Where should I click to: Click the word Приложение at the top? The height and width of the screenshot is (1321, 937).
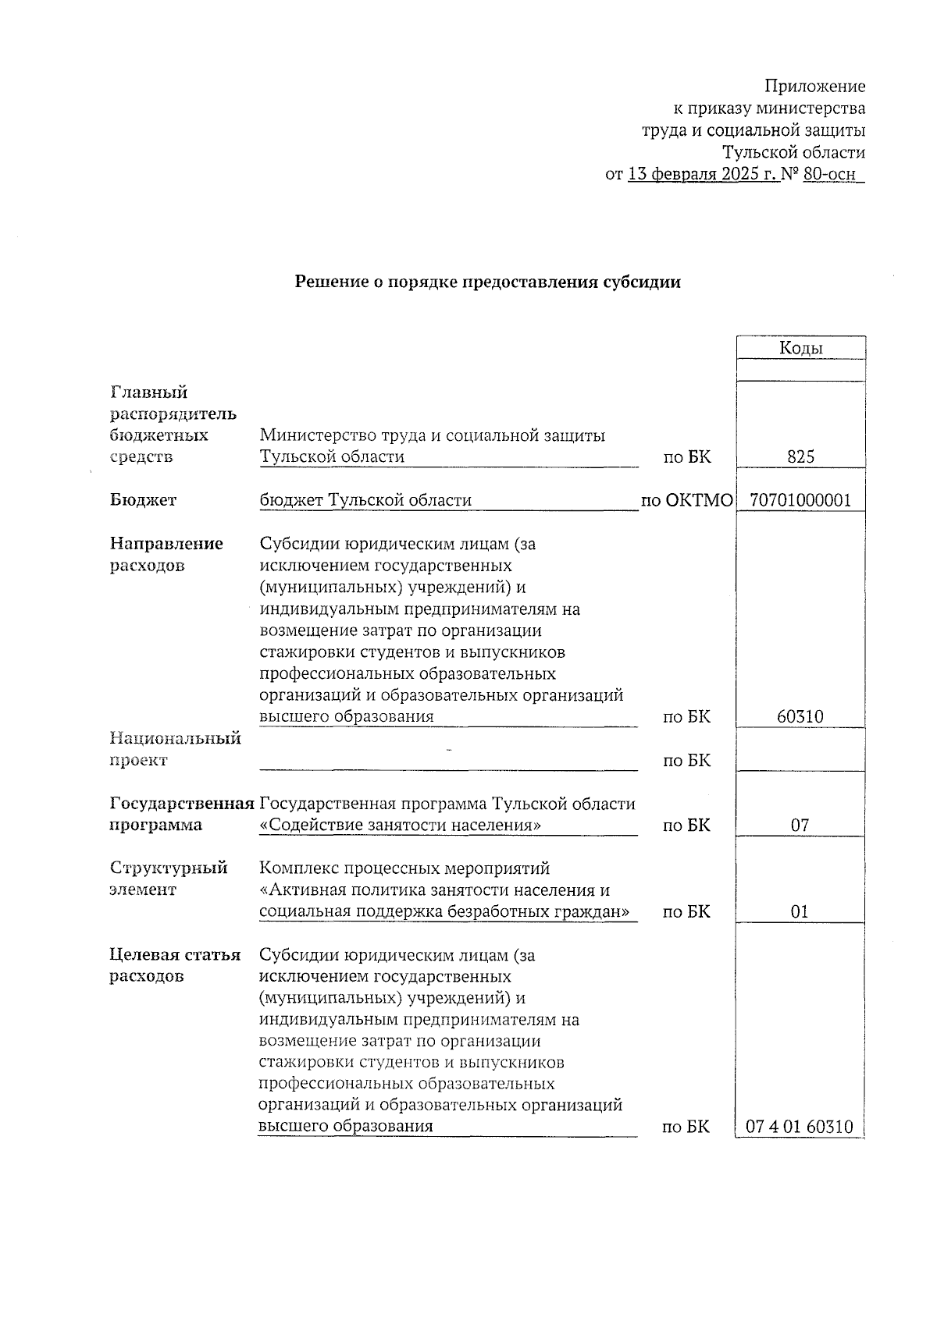pos(814,87)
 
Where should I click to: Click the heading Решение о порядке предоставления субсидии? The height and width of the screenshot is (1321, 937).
pos(487,282)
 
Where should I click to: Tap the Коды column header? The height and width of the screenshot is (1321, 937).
pos(800,348)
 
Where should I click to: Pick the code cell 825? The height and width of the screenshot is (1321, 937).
pos(800,457)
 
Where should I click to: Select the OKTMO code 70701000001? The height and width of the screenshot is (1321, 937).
pos(800,500)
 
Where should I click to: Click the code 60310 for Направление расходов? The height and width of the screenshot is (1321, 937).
pos(800,716)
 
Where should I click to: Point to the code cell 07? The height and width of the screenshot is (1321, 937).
pos(800,825)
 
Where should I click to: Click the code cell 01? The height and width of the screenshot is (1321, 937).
pos(800,911)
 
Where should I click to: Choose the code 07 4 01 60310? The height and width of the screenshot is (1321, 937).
pos(800,1127)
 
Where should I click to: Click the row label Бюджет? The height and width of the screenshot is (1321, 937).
pos(144,500)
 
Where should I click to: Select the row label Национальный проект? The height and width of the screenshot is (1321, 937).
pos(175,748)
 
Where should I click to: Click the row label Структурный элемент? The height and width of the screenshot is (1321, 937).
pos(168,879)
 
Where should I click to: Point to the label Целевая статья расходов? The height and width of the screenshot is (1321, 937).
pos(174,965)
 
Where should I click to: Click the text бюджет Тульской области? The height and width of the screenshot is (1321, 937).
pos(365,500)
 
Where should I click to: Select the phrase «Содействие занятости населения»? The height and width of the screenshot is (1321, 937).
pos(400,825)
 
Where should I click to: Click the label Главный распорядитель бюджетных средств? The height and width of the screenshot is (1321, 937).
pos(173,424)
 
